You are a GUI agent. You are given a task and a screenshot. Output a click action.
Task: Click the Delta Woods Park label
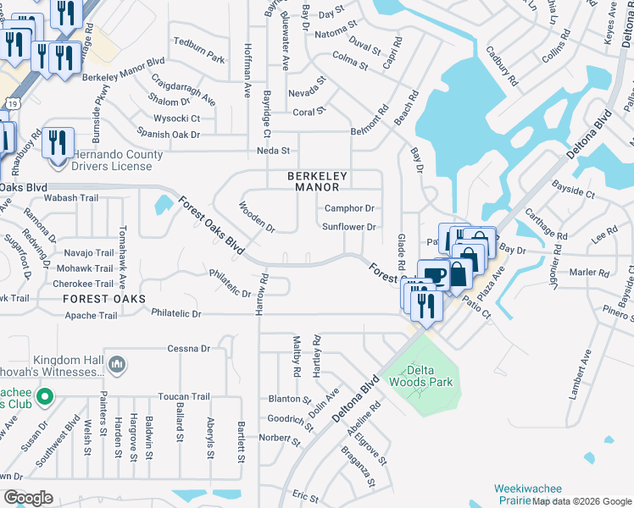427,376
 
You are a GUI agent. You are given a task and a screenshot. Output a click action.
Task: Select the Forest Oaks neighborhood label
103,299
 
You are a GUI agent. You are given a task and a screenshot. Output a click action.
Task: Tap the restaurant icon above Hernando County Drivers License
58,143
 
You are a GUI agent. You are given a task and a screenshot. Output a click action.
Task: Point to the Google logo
28,498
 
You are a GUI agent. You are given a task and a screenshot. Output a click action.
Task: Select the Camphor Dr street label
349,207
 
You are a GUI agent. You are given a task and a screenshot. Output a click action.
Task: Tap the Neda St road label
274,151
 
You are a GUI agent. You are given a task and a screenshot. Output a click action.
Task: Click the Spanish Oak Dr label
169,134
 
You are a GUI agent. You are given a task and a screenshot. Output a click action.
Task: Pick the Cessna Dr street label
188,348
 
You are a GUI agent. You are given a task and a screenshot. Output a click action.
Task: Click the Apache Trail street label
92,316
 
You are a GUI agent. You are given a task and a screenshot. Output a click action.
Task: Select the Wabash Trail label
72,198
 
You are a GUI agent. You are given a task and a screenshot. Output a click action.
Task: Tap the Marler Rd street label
590,272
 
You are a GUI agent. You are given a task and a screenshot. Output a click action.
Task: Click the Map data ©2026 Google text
581,501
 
